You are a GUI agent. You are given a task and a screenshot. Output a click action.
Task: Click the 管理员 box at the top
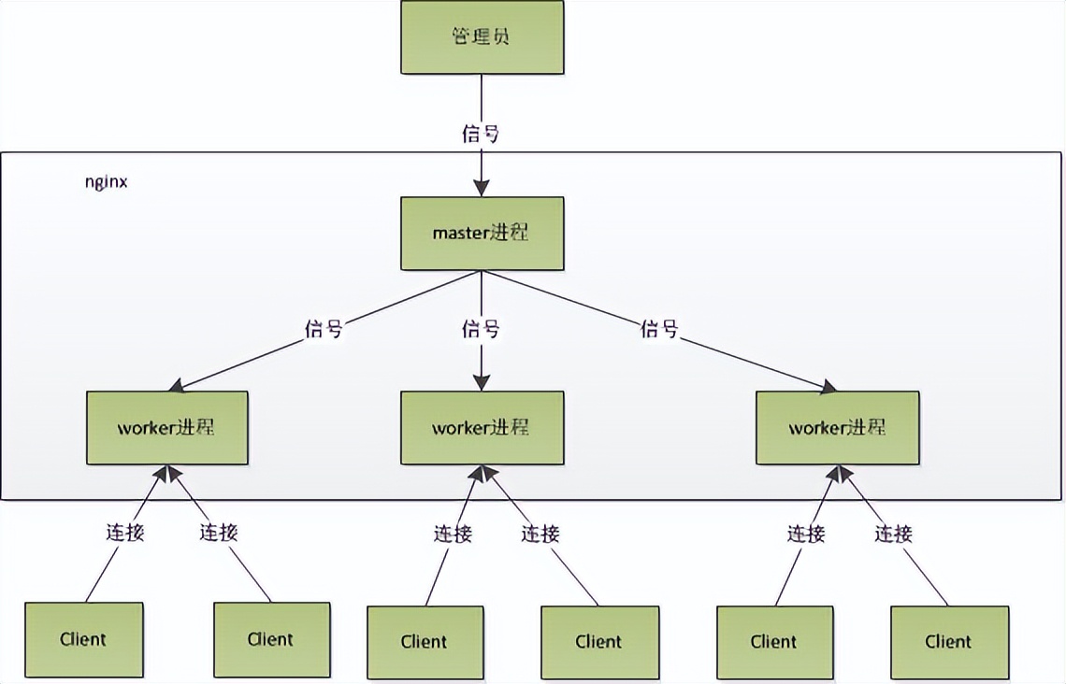tap(482, 37)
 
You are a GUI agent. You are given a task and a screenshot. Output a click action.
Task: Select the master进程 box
tap(482, 233)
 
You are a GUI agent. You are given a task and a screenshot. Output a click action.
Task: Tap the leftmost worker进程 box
tap(167, 428)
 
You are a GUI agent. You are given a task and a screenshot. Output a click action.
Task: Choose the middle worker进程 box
tap(482, 428)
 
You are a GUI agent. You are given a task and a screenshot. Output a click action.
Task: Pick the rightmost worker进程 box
tap(837, 428)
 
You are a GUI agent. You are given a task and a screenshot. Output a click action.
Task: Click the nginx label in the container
tap(107, 182)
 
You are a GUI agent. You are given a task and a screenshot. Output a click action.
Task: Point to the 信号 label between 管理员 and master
tap(481, 134)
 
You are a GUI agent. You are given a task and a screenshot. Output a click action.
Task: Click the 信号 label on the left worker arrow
tap(324, 329)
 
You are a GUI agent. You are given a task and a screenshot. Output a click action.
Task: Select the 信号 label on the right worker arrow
tap(659, 329)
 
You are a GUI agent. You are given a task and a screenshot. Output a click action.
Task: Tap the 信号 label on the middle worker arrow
tap(481, 329)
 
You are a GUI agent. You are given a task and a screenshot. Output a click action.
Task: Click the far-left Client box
tap(84, 640)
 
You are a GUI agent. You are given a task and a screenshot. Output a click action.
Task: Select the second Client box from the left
tap(271, 640)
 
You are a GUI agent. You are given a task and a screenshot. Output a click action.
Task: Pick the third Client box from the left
tap(425, 642)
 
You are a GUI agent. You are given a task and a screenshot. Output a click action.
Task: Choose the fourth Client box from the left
tap(599, 642)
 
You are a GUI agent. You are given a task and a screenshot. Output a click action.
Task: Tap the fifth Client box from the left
tap(774, 642)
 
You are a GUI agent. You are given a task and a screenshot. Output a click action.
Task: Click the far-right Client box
tap(949, 642)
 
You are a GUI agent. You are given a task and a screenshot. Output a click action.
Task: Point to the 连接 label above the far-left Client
tap(123, 533)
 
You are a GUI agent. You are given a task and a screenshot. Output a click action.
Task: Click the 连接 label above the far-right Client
tap(893, 534)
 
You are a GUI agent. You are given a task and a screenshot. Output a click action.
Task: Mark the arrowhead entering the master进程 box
tap(482, 189)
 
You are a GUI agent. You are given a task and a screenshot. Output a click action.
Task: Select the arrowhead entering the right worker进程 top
tap(828, 385)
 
